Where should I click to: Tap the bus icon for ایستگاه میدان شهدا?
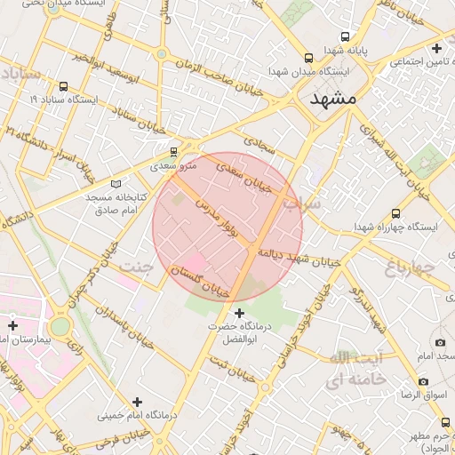pos(308,57)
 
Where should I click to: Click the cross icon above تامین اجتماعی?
pos(435,47)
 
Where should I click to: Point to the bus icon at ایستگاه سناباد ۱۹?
pos(63,87)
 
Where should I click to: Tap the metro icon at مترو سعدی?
pos(172,151)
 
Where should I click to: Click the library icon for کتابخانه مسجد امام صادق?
pos(115,183)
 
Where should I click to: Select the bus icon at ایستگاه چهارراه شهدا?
pos(395,213)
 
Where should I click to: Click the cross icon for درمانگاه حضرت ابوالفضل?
pos(238,313)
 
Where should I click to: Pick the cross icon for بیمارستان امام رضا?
pos(12,326)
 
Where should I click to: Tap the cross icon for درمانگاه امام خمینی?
pos(136,402)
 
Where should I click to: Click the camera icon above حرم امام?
pos(440,342)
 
